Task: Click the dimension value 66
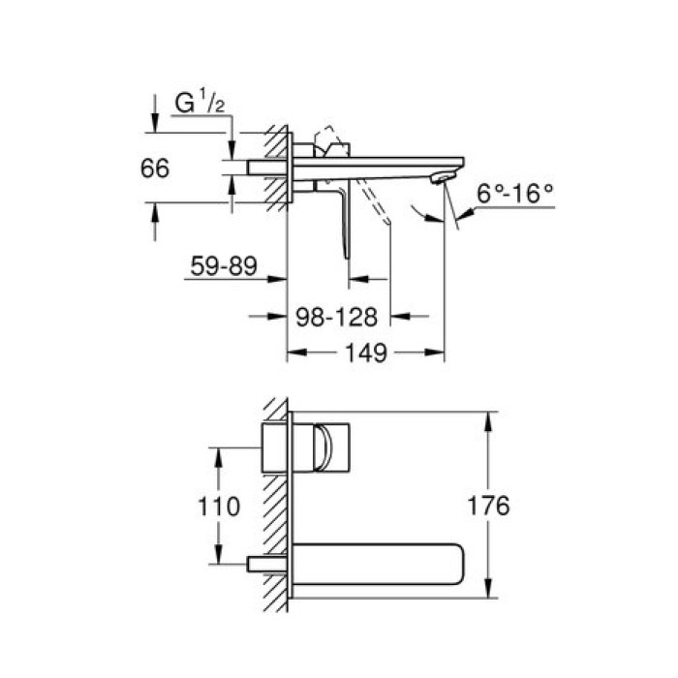tap(155, 168)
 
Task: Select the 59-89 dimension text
tap(222, 266)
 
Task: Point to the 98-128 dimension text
tap(342, 317)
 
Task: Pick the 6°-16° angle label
tap(515, 192)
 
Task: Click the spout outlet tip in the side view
tap(443, 175)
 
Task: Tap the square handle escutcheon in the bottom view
tap(276, 447)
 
